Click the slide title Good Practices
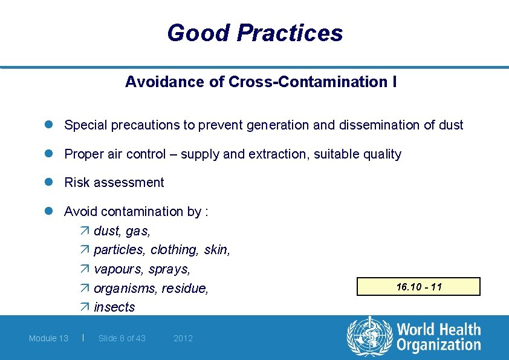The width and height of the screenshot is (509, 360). (x=254, y=33)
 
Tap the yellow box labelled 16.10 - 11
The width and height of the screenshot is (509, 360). (x=419, y=286)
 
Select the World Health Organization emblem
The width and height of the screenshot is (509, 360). (x=369, y=337)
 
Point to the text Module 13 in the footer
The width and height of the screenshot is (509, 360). (x=48, y=338)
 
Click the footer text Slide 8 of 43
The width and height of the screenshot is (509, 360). (x=122, y=338)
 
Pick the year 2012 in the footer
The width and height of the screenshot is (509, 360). (x=183, y=338)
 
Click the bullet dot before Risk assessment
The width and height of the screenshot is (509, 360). (x=53, y=182)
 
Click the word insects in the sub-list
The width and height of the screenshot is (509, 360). (x=114, y=307)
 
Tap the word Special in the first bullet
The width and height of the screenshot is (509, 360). (x=85, y=125)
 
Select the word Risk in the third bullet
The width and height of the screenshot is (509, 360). (x=76, y=183)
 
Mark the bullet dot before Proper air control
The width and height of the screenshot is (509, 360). (x=53, y=154)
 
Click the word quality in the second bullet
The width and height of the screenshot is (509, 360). (x=381, y=154)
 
